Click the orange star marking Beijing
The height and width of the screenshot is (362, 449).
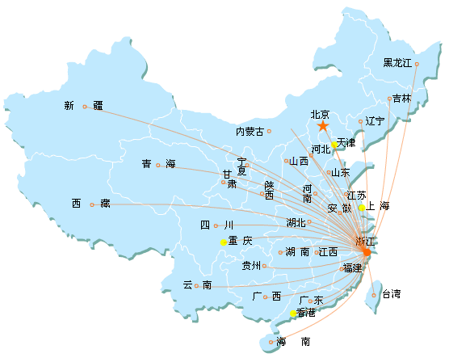[323, 125]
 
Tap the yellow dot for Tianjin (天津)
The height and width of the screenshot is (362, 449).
[334, 145]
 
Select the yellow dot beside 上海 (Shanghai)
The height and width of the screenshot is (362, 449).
[362, 208]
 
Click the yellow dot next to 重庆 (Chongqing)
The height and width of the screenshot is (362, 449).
[224, 242]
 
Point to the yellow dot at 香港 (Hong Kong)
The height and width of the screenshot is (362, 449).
[293, 314]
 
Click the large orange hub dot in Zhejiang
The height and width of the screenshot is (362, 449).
[367, 252]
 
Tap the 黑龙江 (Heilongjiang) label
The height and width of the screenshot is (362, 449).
[397, 63]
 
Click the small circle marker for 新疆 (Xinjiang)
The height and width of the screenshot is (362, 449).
[85, 107]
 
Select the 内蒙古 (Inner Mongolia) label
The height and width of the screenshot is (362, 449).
[250, 132]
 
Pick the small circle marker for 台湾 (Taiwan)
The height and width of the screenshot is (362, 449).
[374, 295]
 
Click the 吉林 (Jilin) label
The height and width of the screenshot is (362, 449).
[401, 99]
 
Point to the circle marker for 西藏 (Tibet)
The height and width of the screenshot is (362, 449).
[92, 204]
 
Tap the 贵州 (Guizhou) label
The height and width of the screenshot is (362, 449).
[251, 266]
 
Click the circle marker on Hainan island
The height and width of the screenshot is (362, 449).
[271, 342]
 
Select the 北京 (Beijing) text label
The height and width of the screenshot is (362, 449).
[320, 115]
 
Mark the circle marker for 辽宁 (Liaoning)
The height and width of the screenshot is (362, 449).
[360, 121]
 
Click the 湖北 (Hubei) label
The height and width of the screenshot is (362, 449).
[296, 223]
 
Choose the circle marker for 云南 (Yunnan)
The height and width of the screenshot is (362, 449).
[196, 286]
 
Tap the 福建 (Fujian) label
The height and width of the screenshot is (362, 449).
[353, 268]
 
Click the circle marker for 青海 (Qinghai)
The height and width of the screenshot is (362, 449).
[157, 165]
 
